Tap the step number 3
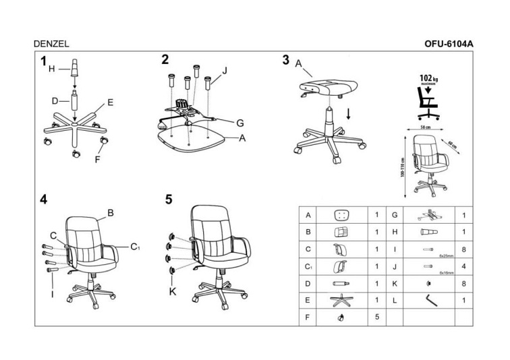[x=285, y=60]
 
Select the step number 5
[x=169, y=199]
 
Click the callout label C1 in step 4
[x=135, y=246]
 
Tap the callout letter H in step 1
[x=51, y=68]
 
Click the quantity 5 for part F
[x=376, y=316]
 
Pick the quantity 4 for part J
[x=464, y=266]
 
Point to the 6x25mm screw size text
[x=445, y=256]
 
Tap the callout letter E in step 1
[x=109, y=103]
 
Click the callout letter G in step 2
[x=239, y=122]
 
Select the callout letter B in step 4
[x=111, y=212]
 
